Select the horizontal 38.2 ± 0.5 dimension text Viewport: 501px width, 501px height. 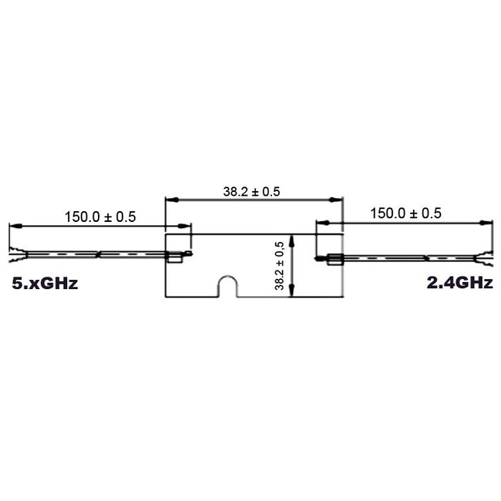point(252,193)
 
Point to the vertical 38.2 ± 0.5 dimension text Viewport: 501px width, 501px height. point(280,265)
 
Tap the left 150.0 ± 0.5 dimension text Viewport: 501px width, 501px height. point(99,217)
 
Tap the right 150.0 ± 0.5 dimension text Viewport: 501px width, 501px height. point(406,214)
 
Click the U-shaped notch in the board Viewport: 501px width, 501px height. point(226,286)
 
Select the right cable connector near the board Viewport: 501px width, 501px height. point(335,259)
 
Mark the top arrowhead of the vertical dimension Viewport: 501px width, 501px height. point(291,238)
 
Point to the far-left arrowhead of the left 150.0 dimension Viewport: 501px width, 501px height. point(12,226)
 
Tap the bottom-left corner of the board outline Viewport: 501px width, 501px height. point(166,297)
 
